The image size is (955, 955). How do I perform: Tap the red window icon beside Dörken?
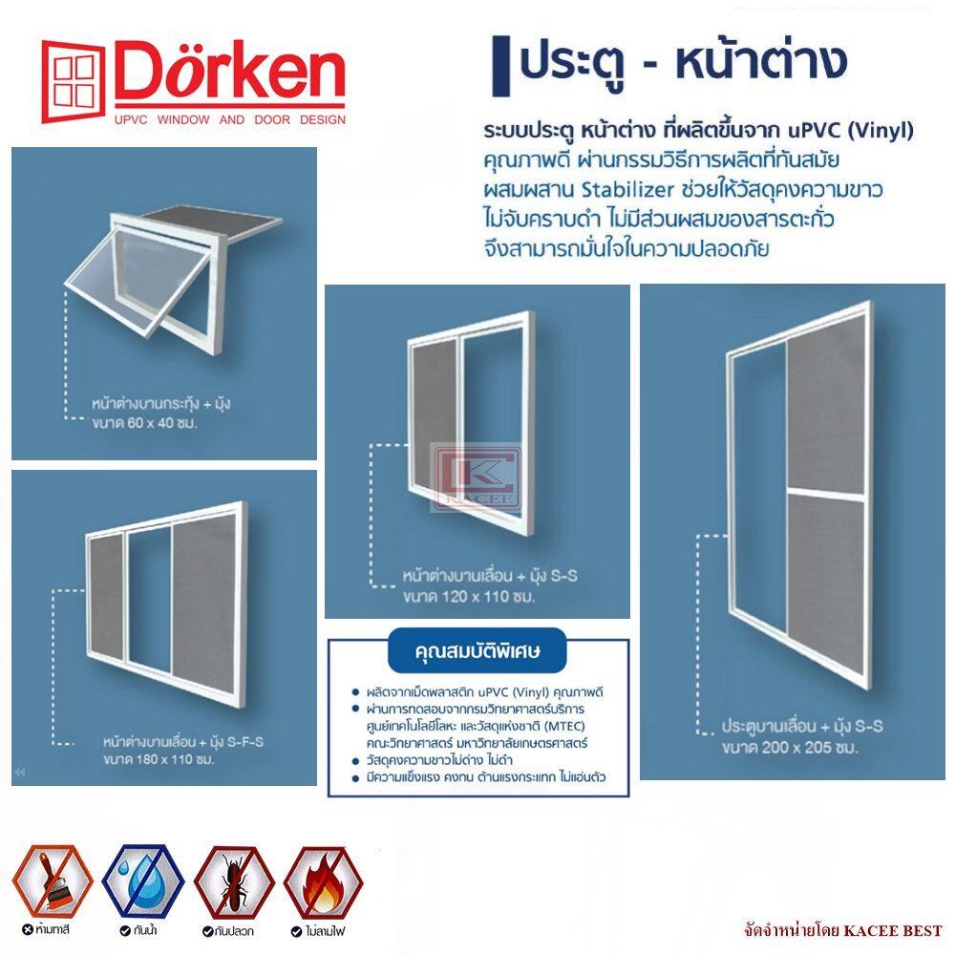click(74, 81)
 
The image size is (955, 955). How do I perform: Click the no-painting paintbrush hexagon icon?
click(52, 881)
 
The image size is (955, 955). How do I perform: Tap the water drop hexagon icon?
click(142, 881)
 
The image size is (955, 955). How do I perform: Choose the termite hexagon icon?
click(234, 881)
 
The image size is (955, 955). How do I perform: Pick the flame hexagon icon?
click(324, 881)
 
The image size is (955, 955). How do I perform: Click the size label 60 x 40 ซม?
click(145, 423)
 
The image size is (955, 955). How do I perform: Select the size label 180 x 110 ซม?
click(159, 759)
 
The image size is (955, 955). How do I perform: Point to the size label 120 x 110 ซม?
click(468, 596)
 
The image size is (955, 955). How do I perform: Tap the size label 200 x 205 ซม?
click(790, 748)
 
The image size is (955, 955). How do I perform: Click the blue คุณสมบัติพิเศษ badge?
click(477, 650)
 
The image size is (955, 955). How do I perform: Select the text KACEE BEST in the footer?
click(893, 930)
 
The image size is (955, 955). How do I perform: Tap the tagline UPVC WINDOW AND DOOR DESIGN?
click(230, 119)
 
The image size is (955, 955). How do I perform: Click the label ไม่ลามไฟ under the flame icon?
click(319, 931)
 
